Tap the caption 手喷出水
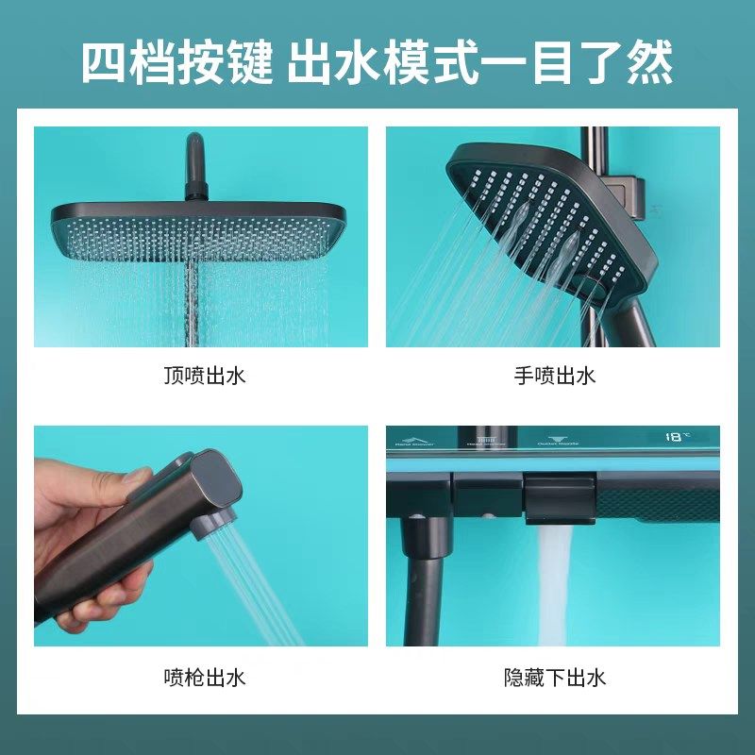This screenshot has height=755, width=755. (555, 376)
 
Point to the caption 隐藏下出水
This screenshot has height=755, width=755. (555, 677)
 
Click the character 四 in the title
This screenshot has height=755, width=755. (105, 64)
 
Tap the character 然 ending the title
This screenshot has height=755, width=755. (648, 64)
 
